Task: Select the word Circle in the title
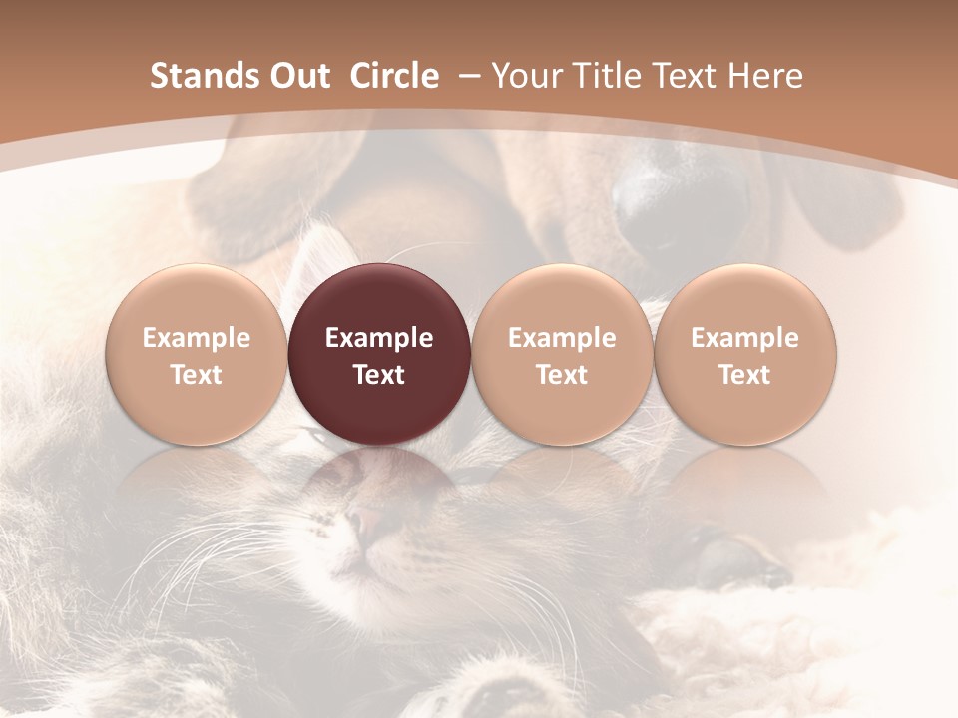pyautogui.click(x=394, y=76)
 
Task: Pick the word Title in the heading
pyautogui.click(x=607, y=76)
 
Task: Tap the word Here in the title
pyautogui.click(x=766, y=76)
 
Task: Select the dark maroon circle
pyautogui.click(x=379, y=354)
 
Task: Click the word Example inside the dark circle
pyautogui.click(x=379, y=338)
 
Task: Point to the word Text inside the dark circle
pyautogui.click(x=379, y=375)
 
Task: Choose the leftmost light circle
pyautogui.click(x=197, y=354)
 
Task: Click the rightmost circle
pyautogui.click(x=744, y=354)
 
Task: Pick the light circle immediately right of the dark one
pyautogui.click(x=562, y=354)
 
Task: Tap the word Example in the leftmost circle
pyautogui.click(x=197, y=338)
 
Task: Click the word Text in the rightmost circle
pyautogui.click(x=744, y=375)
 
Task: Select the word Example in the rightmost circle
pyautogui.click(x=744, y=338)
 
